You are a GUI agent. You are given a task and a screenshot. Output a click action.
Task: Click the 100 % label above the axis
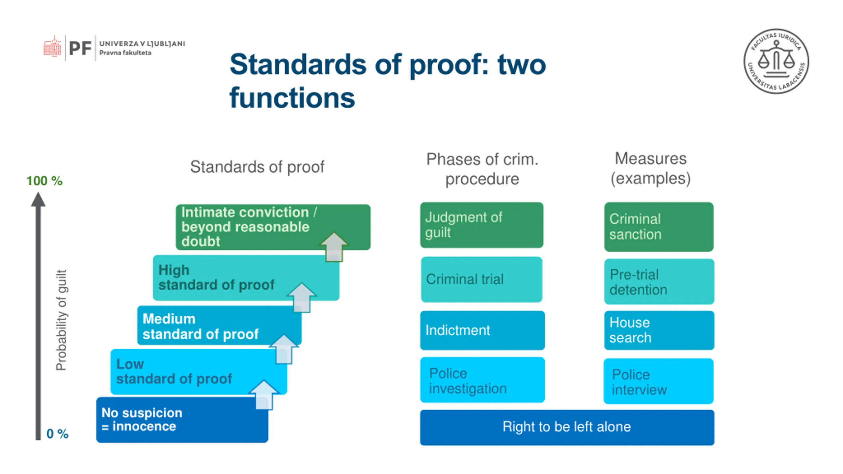pos(44,181)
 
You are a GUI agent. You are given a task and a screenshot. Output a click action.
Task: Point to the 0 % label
pos(57,434)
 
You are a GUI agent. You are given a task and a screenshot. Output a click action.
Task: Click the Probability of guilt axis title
pos(61,320)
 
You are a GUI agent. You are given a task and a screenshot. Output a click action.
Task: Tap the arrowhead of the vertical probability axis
pos(38,199)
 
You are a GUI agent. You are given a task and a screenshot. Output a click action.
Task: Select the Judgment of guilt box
pos(481,225)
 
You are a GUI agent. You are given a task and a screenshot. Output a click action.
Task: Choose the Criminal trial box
pos(481,279)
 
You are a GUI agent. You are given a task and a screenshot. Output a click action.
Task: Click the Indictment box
pos(482,330)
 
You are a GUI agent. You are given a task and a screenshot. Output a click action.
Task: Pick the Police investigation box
pos(482,380)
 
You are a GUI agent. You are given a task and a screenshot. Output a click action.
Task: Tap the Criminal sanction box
pos(659,227)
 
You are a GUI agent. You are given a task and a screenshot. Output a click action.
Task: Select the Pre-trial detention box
pos(659,282)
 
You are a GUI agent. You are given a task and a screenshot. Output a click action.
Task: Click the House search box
pos(659,330)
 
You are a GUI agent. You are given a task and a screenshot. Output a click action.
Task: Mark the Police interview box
pos(658,381)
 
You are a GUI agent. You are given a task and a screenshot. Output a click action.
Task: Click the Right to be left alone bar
pos(567,427)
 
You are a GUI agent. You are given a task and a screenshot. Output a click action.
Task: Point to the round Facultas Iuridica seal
pos(776,61)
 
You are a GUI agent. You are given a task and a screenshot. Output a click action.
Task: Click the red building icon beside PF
pos(52,47)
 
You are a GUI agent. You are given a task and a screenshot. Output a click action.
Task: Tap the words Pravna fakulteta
pos(125,53)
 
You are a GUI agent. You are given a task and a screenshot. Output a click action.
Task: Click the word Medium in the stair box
pos(169,319)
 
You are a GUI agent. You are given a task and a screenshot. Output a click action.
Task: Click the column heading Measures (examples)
pos(650,169)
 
